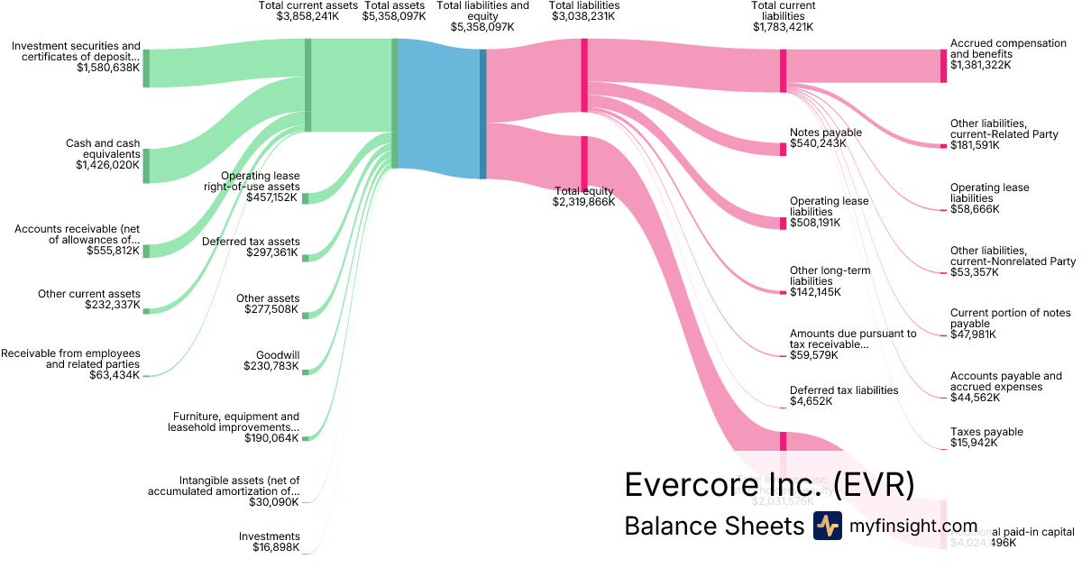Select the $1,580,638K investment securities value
pyautogui.click(x=108, y=68)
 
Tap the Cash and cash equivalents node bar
pyautogui.click(x=146, y=166)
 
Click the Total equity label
pyautogui.click(x=583, y=191)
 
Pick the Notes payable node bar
pyautogui.click(x=784, y=149)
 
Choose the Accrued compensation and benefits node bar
pyautogui.click(x=943, y=66)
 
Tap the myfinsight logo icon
pyautogui.click(x=827, y=526)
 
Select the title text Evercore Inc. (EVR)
pyautogui.click(x=769, y=486)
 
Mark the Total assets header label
pyautogui.click(x=394, y=5)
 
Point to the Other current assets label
pyautogui.click(x=89, y=294)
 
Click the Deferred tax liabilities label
pyautogui.click(x=844, y=390)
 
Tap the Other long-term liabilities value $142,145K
pyautogui.click(x=815, y=292)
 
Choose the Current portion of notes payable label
pyautogui.click(x=1010, y=318)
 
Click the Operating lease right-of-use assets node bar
pyautogui.click(x=306, y=198)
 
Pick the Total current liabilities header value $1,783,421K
pyautogui.click(x=784, y=27)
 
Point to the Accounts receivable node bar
pyautogui.click(x=146, y=251)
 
